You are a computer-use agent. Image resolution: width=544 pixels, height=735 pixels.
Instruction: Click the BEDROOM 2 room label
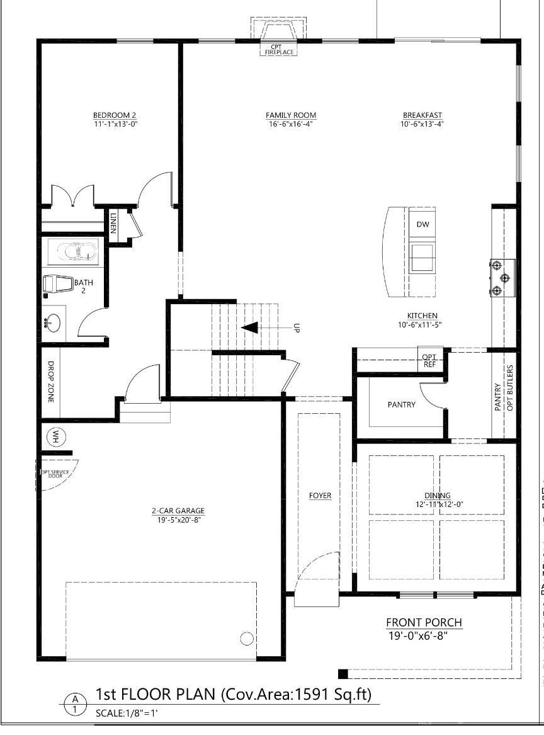(x=114, y=115)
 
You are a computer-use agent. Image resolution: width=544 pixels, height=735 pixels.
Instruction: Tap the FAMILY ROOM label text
(x=290, y=115)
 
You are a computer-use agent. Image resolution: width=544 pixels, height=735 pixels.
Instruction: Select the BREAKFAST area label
(x=422, y=115)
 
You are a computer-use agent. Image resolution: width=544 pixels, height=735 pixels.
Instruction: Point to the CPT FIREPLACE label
(x=276, y=50)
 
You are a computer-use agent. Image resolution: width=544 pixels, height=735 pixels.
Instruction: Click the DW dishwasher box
(x=422, y=225)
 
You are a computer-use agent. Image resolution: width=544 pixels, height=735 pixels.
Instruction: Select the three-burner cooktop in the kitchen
(x=502, y=277)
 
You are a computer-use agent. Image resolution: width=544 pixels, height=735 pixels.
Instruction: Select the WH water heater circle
(x=56, y=436)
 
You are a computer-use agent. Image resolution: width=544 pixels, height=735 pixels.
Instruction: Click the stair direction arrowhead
(x=250, y=328)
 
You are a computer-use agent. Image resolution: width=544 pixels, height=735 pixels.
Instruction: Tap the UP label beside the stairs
(x=296, y=328)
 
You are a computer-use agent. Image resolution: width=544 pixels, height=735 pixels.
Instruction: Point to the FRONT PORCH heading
(x=424, y=623)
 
